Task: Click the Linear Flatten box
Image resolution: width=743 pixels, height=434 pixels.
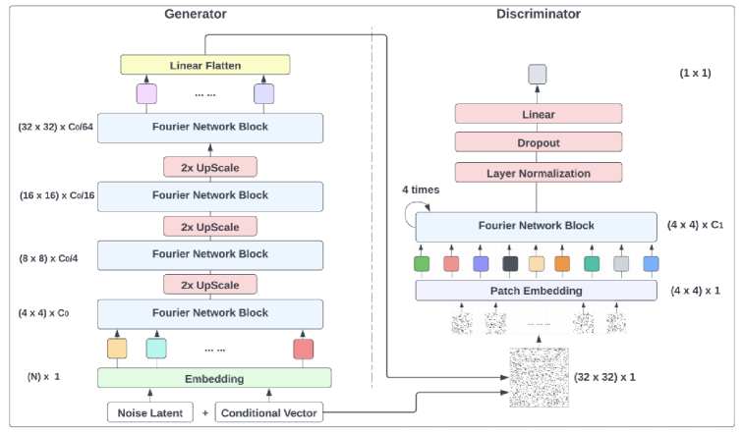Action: [x=204, y=65]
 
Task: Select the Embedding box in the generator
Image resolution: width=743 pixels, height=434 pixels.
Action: [x=214, y=378]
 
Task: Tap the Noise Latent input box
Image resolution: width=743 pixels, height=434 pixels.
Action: [x=150, y=413]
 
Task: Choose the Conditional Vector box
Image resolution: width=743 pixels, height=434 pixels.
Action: [x=268, y=413]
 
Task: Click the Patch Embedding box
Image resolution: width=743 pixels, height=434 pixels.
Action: [x=536, y=291]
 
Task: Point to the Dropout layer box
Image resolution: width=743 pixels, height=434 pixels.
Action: [x=538, y=142]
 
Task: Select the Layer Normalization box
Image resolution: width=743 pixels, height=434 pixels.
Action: [x=538, y=173]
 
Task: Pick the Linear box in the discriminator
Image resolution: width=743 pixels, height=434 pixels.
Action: [x=538, y=114]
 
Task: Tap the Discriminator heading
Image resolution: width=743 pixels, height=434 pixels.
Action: [x=540, y=14]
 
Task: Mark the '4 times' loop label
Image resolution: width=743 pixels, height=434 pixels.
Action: [x=420, y=189]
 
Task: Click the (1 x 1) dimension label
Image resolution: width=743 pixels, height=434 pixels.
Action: [x=696, y=74]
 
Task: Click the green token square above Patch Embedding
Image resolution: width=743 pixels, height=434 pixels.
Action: [x=422, y=263]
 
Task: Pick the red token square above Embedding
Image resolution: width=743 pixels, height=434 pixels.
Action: [x=303, y=348]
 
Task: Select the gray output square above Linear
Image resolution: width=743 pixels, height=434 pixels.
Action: [x=537, y=74]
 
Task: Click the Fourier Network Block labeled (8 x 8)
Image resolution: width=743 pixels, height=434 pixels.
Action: [x=210, y=253]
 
